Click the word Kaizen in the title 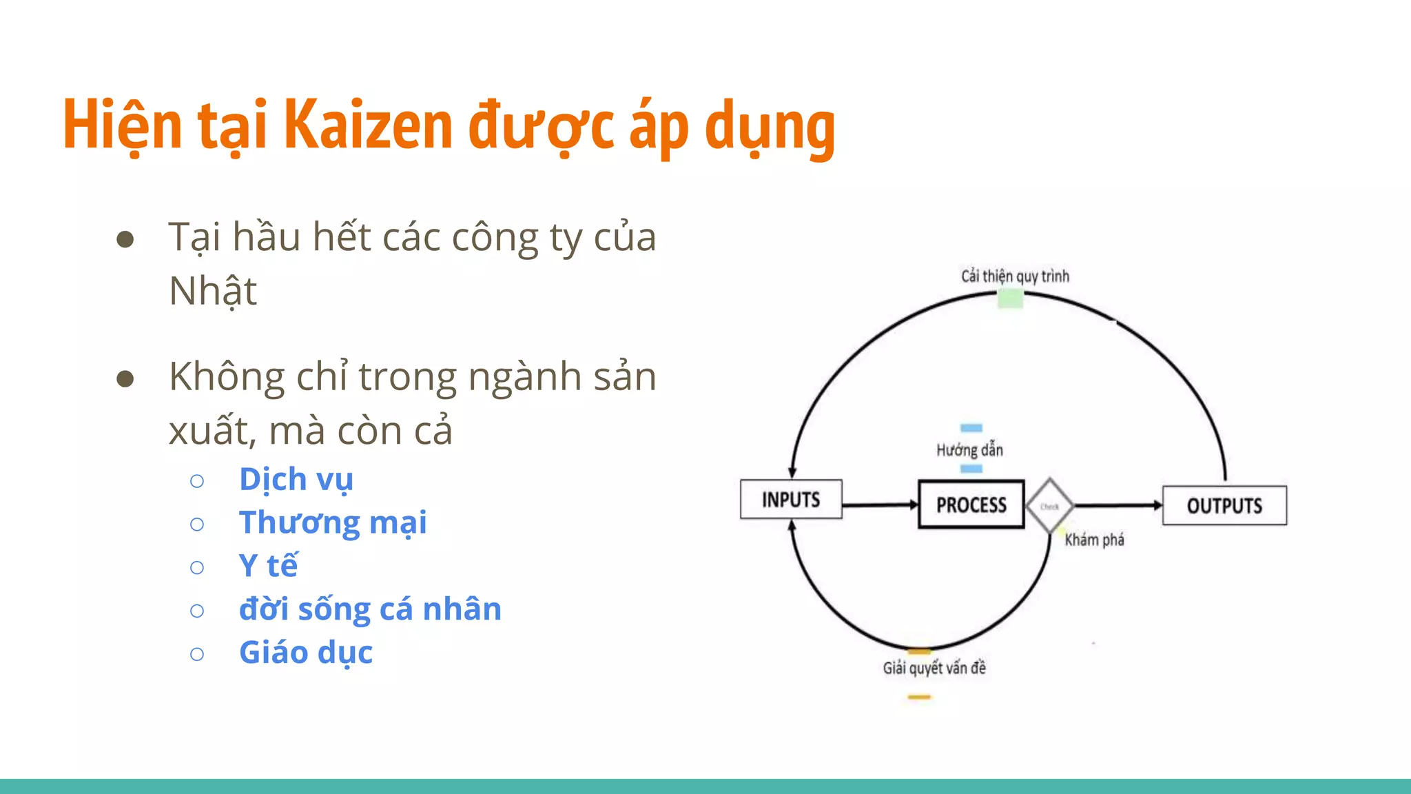[368, 125]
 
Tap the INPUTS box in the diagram [791, 499]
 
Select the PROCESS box [971, 505]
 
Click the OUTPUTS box [1224, 505]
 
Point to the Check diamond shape [1049, 506]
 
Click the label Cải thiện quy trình [1015, 276]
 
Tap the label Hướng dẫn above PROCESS [969, 450]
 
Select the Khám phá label [1094, 540]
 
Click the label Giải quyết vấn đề [934, 668]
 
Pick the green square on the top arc [1010, 298]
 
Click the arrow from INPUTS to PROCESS [880, 505]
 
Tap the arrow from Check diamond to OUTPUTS [1117, 506]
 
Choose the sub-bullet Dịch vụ [296, 480]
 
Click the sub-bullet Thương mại [333, 522]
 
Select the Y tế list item [268, 566]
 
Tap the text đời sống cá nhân [370, 609]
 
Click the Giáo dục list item [306, 653]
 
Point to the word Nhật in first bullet [213, 291]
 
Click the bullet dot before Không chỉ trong [125, 378]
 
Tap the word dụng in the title [770, 127]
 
